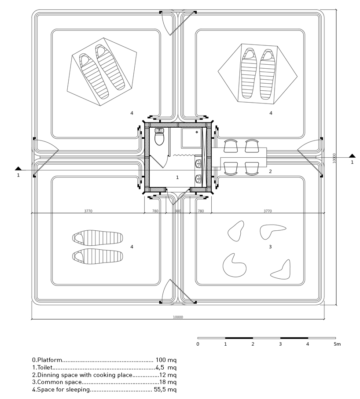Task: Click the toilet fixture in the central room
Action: (x=159, y=137)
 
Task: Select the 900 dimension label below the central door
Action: (x=178, y=211)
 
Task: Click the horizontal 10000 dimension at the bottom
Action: (x=178, y=317)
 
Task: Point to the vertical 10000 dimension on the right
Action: (x=334, y=158)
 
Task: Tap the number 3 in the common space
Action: (x=270, y=247)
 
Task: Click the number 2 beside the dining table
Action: (x=270, y=171)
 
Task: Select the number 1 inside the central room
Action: (x=177, y=177)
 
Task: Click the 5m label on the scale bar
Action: (x=337, y=344)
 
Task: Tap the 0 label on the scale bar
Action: (x=198, y=344)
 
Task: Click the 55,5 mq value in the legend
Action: (x=165, y=390)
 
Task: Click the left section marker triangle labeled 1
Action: (x=18, y=168)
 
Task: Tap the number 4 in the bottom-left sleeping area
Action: (x=132, y=247)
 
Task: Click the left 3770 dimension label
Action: (x=88, y=211)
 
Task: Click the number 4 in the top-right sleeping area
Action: (x=271, y=113)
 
